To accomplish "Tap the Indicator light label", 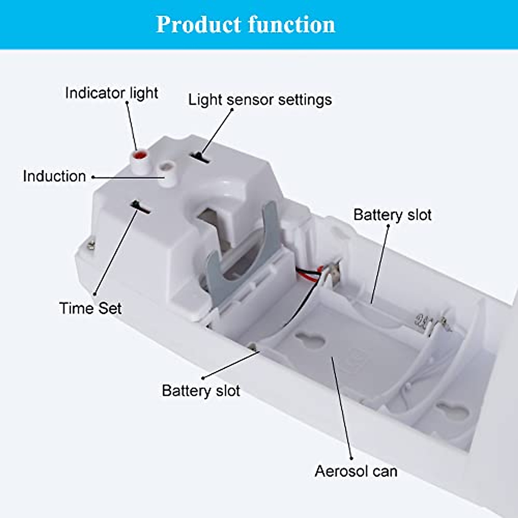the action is coord(111,93).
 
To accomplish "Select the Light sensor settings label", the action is coord(260,100).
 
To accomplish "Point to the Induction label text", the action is coord(54,176).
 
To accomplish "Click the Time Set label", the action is coord(90,308).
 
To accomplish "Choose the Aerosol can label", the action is coord(356,471).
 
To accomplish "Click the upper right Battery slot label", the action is coord(392,215).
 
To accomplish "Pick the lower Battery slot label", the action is coord(201,391).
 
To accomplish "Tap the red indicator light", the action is coord(139,155).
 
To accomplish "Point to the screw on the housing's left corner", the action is coord(91,245).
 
